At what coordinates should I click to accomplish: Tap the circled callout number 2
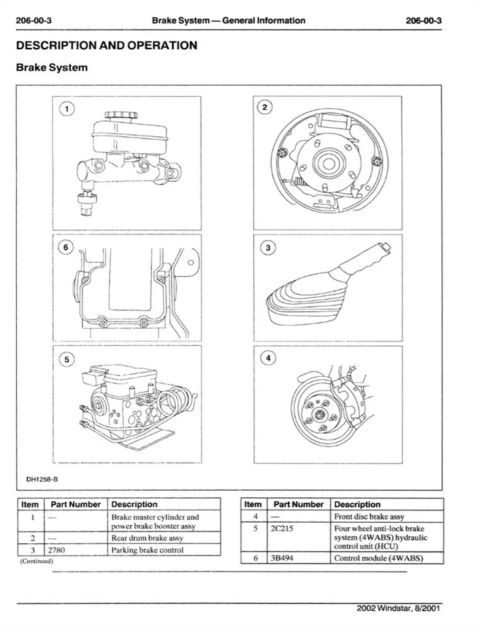tap(264, 107)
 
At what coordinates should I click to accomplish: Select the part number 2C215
tap(280, 528)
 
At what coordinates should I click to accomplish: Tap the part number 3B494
tap(280, 558)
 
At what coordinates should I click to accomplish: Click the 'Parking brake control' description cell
tap(148, 550)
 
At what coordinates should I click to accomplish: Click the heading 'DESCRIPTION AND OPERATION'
tap(106, 46)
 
